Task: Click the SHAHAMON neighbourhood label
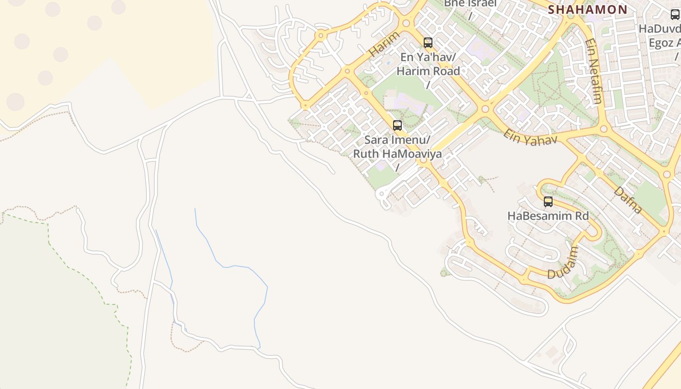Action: coord(588,9)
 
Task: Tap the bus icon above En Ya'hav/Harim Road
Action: coord(428,43)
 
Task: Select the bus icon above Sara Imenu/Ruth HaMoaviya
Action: coord(397,125)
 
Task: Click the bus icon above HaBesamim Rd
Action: coord(548,201)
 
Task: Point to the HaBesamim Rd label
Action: coord(548,215)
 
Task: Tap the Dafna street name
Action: coord(627,199)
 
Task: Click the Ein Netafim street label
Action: coord(594,71)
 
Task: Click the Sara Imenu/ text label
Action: coord(397,141)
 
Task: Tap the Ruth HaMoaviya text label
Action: coord(397,154)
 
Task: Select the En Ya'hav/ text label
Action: coord(428,57)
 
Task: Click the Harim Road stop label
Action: coord(428,71)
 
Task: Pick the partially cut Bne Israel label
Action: coord(470,4)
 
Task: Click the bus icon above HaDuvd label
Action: coord(675,15)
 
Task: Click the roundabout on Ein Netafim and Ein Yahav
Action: coord(604,129)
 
